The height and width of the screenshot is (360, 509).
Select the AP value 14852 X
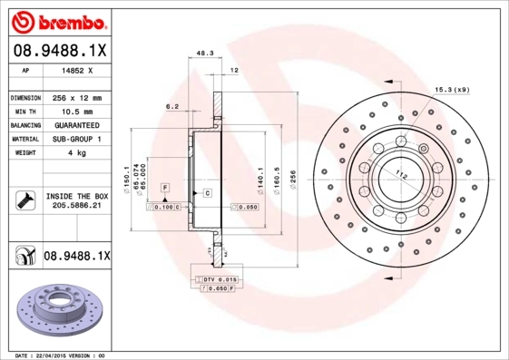(73, 69)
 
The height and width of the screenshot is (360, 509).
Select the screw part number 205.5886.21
(75, 207)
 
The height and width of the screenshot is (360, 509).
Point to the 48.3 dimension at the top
(205, 53)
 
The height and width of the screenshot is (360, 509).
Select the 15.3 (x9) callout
(450, 89)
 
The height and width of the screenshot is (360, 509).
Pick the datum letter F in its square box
(165, 187)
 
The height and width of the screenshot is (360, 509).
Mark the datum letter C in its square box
(207, 193)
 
